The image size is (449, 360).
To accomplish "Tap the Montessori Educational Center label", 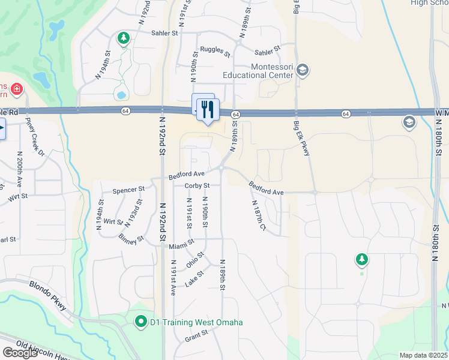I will (257, 71).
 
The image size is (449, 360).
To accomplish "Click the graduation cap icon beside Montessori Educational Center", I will (302, 71).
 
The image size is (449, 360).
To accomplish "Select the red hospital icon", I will (16, 90).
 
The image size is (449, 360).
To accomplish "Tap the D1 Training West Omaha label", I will (196, 322).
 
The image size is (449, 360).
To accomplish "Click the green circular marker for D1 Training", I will (141, 322).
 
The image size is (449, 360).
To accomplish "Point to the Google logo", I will (20, 353).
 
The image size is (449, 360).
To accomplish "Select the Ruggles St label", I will (215, 51).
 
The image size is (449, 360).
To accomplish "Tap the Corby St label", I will (197, 186).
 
